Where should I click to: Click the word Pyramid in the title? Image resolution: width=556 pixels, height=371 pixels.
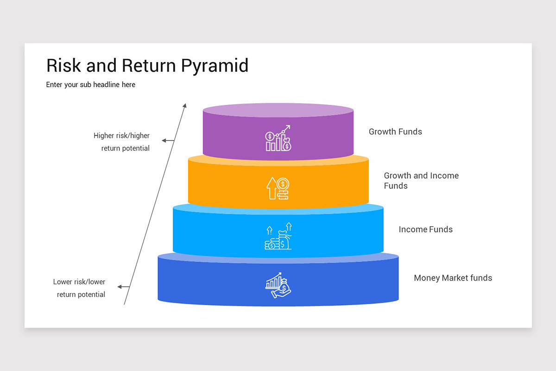click(215, 66)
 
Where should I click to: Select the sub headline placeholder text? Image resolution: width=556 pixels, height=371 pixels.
click(91, 85)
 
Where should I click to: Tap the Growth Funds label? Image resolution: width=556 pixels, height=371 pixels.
click(395, 132)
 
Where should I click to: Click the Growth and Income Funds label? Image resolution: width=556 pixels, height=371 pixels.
click(421, 180)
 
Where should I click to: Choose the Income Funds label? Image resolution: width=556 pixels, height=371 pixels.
click(425, 229)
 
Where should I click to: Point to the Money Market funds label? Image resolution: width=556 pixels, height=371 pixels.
click(453, 278)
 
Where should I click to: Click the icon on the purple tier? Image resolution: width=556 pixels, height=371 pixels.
click(278, 138)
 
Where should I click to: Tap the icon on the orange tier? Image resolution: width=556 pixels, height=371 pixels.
click(278, 188)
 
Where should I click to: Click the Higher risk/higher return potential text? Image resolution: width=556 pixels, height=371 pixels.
click(122, 142)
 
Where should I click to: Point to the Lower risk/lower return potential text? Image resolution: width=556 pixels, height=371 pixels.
click(80, 288)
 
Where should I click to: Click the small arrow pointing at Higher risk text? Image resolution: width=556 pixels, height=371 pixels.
click(168, 141)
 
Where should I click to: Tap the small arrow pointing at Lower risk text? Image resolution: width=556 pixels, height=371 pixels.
click(124, 287)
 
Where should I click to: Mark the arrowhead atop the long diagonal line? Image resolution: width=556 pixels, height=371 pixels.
click(184, 106)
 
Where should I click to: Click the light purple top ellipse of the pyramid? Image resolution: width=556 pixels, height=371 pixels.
click(278, 110)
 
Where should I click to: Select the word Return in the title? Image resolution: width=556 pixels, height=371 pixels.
click(149, 66)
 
